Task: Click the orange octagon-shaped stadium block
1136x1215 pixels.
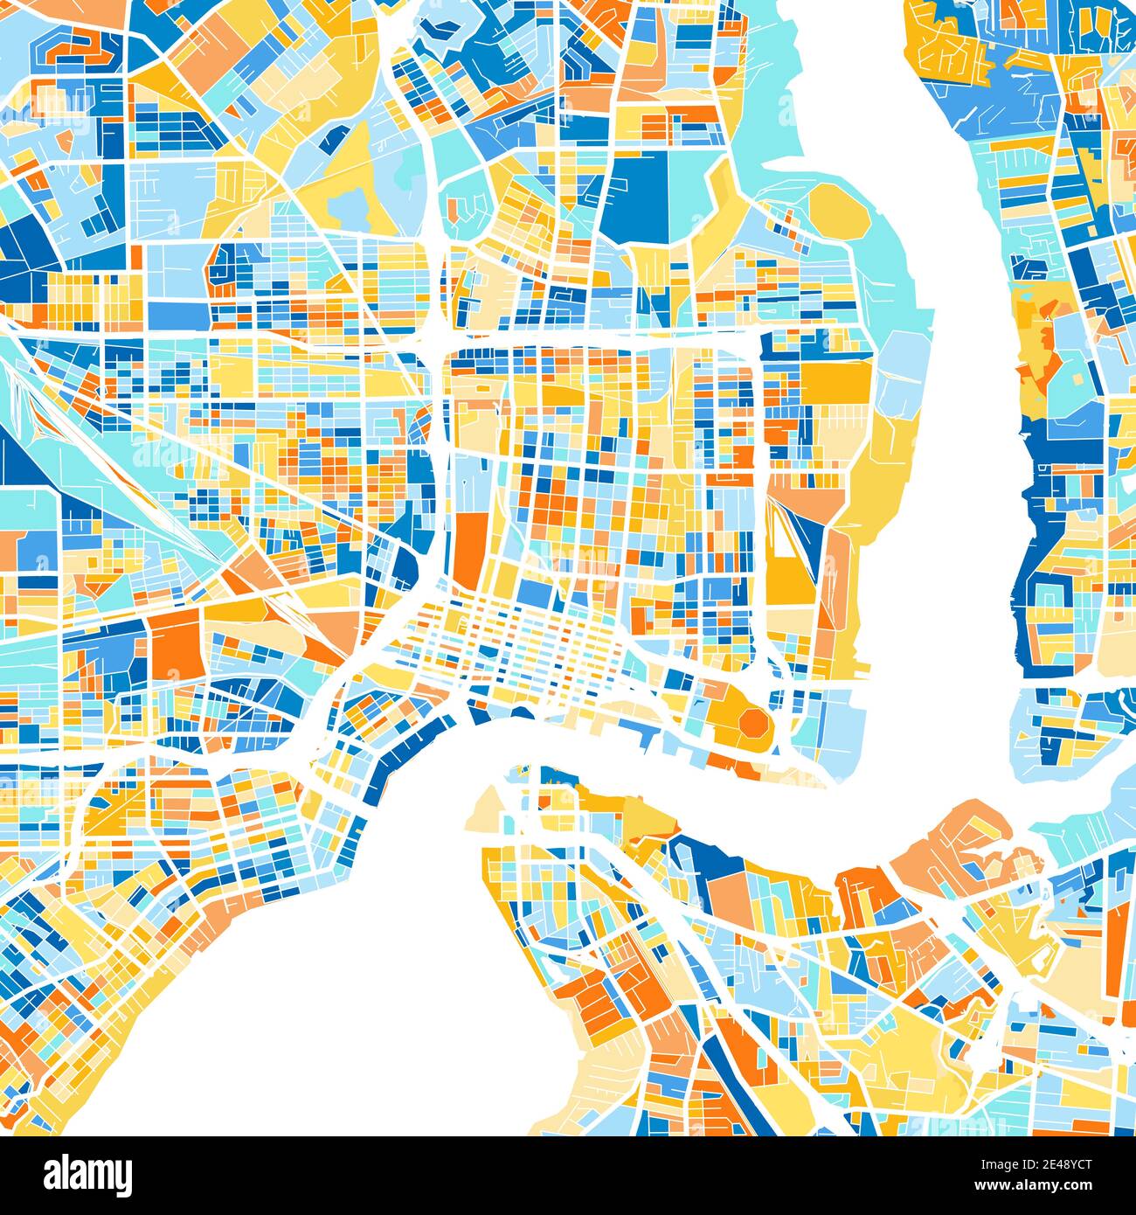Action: [x=752, y=724]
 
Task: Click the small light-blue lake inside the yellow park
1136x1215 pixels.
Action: [x=350, y=206]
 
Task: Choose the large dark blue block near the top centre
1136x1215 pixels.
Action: [x=638, y=197]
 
